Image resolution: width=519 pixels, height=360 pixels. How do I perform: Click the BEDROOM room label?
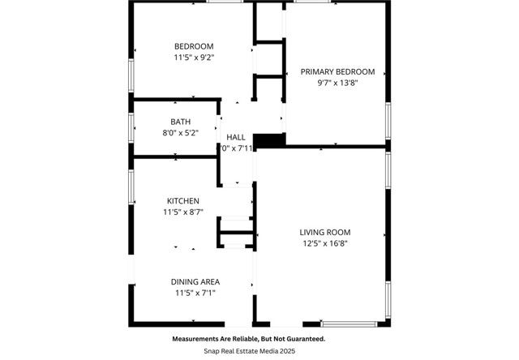click(x=194, y=45)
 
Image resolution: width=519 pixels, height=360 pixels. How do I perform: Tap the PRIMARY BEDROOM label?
click(x=337, y=71)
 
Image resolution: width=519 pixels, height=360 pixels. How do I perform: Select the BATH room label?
click(x=180, y=122)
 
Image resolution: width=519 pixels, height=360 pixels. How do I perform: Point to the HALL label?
click(x=236, y=137)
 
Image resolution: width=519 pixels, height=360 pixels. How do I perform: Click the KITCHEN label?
click(x=183, y=200)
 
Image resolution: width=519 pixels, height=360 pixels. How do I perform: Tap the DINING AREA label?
click(x=195, y=281)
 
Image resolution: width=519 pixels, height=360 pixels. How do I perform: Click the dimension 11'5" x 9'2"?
click(x=194, y=58)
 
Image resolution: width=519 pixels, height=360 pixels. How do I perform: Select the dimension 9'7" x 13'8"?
click(x=337, y=83)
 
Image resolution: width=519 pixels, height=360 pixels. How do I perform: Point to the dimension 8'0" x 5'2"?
click(x=180, y=132)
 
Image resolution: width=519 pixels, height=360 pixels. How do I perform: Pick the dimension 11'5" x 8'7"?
click(x=184, y=212)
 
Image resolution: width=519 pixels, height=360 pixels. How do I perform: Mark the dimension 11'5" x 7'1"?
click(x=195, y=293)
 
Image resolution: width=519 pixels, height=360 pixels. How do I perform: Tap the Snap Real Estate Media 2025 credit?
click(x=248, y=350)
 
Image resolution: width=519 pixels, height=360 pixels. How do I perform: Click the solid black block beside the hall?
click(x=269, y=140)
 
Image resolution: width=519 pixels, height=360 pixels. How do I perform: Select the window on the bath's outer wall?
click(x=132, y=126)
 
